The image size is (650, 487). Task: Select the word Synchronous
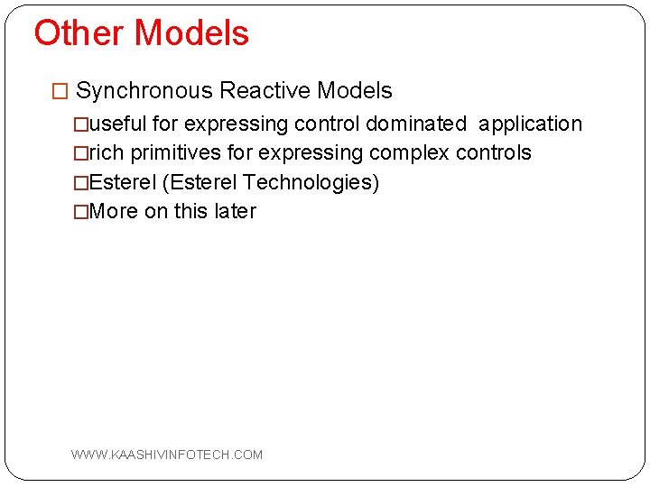tap(144, 91)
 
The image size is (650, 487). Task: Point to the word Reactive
tap(265, 91)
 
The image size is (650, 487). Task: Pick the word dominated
tap(416, 124)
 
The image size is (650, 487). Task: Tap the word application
tap(530, 124)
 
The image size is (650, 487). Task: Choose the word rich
tap(107, 152)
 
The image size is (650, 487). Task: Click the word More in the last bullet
tap(115, 211)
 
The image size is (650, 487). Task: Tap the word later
tap(235, 211)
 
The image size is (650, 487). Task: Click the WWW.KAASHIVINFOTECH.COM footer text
tap(167, 455)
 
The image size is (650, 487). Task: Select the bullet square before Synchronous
tap(60, 92)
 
